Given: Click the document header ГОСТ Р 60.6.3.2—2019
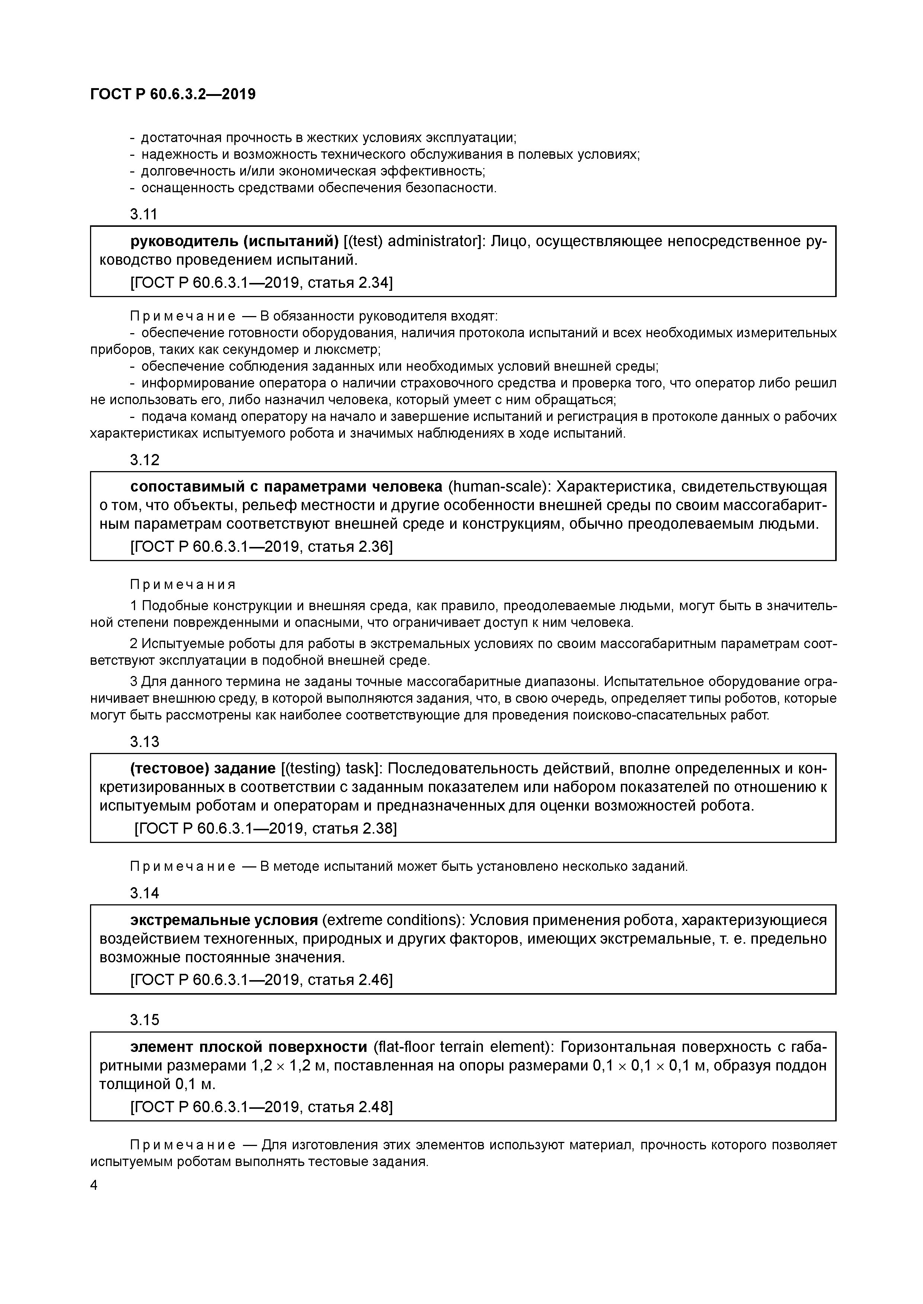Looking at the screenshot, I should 173,94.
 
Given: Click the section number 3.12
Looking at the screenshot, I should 144,460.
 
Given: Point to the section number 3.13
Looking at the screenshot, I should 144,742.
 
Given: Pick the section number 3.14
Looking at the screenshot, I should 144,894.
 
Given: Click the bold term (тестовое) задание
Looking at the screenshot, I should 203,769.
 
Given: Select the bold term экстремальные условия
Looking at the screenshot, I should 224,920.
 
